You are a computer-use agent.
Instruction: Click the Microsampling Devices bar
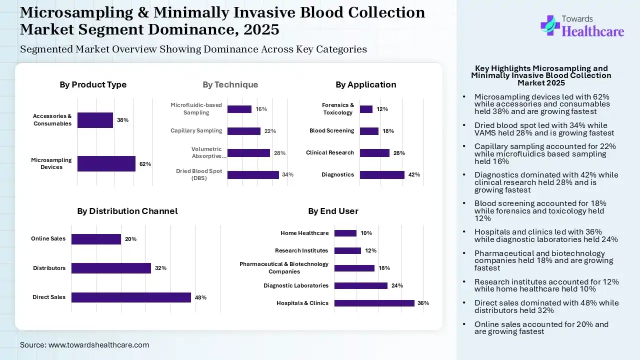pyautogui.click(x=106, y=163)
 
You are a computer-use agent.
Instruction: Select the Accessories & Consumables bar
pyautogui.click(x=95, y=120)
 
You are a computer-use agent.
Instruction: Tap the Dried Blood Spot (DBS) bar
pyautogui.click(x=253, y=175)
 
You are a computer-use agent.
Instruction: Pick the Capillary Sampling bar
pyautogui.click(x=244, y=131)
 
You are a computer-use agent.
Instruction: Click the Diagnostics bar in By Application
pyautogui.click(x=382, y=175)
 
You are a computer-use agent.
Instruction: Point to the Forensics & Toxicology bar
pyautogui.click(x=366, y=109)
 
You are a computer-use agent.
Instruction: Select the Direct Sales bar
pyautogui.click(x=131, y=297)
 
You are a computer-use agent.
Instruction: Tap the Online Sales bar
pyautogui.click(x=96, y=239)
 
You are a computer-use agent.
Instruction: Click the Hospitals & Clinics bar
pyautogui.click(x=374, y=303)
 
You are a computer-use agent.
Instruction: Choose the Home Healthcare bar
pyautogui.click(x=345, y=233)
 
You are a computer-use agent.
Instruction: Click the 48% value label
pyautogui.click(x=200, y=297)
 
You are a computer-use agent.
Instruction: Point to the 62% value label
pyautogui.click(x=145, y=164)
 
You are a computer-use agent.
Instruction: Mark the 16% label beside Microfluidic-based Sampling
pyautogui.click(x=261, y=109)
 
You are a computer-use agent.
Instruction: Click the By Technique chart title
pyautogui.click(x=230, y=84)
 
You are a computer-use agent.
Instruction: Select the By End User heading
pyautogui.click(x=333, y=211)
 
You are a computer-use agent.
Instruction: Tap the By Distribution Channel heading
pyautogui.click(x=127, y=211)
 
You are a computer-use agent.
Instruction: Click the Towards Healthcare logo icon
pyautogui.click(x=550, y=25)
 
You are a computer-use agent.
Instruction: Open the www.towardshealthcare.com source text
pyautogui.click(x=98, y=345)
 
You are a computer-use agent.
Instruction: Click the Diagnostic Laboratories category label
pyautogui.click(x=296, y=285)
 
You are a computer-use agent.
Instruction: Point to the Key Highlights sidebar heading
pyautogui.click(x=541, y=75)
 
